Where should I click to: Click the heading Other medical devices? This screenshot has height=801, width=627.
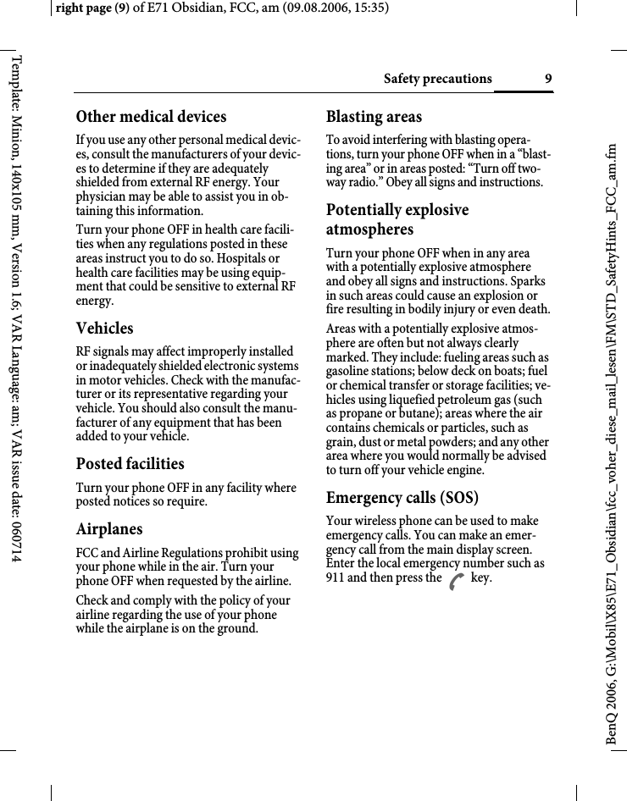coord(152,117)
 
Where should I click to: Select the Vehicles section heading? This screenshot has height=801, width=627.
coord(105,329)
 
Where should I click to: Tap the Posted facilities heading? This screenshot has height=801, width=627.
coord(130,464)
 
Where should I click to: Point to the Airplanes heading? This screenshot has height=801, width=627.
coord(109,529)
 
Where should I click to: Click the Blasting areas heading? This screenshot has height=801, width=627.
coord(374,117)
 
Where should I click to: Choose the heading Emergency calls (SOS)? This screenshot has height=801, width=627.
coord(402,497)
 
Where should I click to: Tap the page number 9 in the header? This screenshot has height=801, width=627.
coord(548,79)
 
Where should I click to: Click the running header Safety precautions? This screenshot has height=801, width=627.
coord(437,79)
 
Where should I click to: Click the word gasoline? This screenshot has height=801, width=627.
coord(352,372)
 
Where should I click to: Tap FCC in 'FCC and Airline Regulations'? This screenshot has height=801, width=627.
coord(88,553)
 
